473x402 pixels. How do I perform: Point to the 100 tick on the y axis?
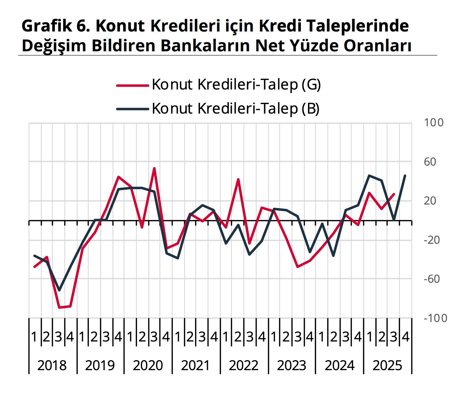[x=433, y=123]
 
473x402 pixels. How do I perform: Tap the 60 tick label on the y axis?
[x=430, y=162]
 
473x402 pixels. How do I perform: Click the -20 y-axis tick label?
[x=432, y=240]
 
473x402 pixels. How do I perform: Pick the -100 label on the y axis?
[x=435, y=318]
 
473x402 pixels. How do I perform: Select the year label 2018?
[x=52, y=365]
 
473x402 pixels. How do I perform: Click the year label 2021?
[x=195, y=365]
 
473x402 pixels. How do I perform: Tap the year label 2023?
[x=291, y=365]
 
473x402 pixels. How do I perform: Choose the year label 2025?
[x=387, y=365]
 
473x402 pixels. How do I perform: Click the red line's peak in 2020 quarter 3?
[x=154, y=168]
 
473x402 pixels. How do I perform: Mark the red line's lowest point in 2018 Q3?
[x=59, y=308]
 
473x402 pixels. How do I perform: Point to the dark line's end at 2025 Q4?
[x=405, y=176]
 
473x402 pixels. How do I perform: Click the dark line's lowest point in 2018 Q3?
[x=59, y=290]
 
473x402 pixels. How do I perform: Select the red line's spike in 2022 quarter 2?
[x=238, y=179]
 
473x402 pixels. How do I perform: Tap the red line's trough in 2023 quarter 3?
[x=298, y=267]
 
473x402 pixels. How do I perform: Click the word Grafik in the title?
[x=45, y=26]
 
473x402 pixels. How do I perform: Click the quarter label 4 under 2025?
[x=406, y=337]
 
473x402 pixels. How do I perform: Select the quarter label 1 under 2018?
[x=34, y=337]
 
